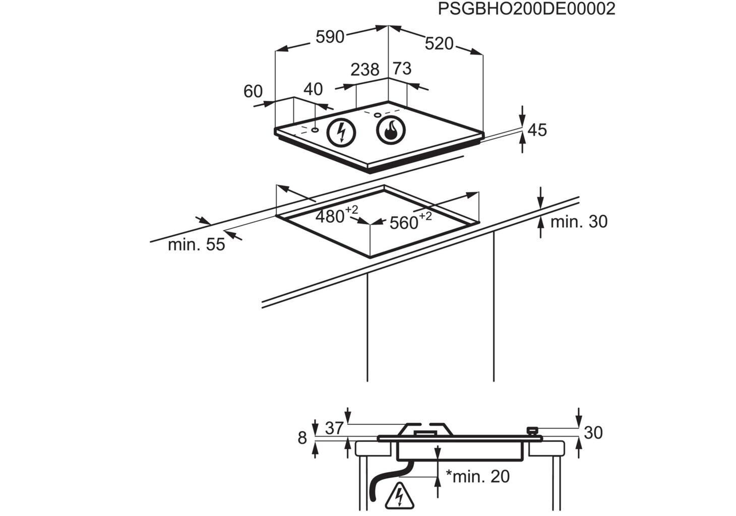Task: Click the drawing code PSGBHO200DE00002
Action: pos(526,9)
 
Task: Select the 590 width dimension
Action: pos(330,37)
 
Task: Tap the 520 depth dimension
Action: pos(439,43)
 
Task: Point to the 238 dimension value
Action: pos(364,70)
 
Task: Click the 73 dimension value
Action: pos(402,69)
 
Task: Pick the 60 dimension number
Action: pos(253,91)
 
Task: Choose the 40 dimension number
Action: pos(313,89)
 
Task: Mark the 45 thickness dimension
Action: pos(537,130)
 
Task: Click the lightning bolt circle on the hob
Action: pos(341,133)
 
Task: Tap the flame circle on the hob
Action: pos(391,130)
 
